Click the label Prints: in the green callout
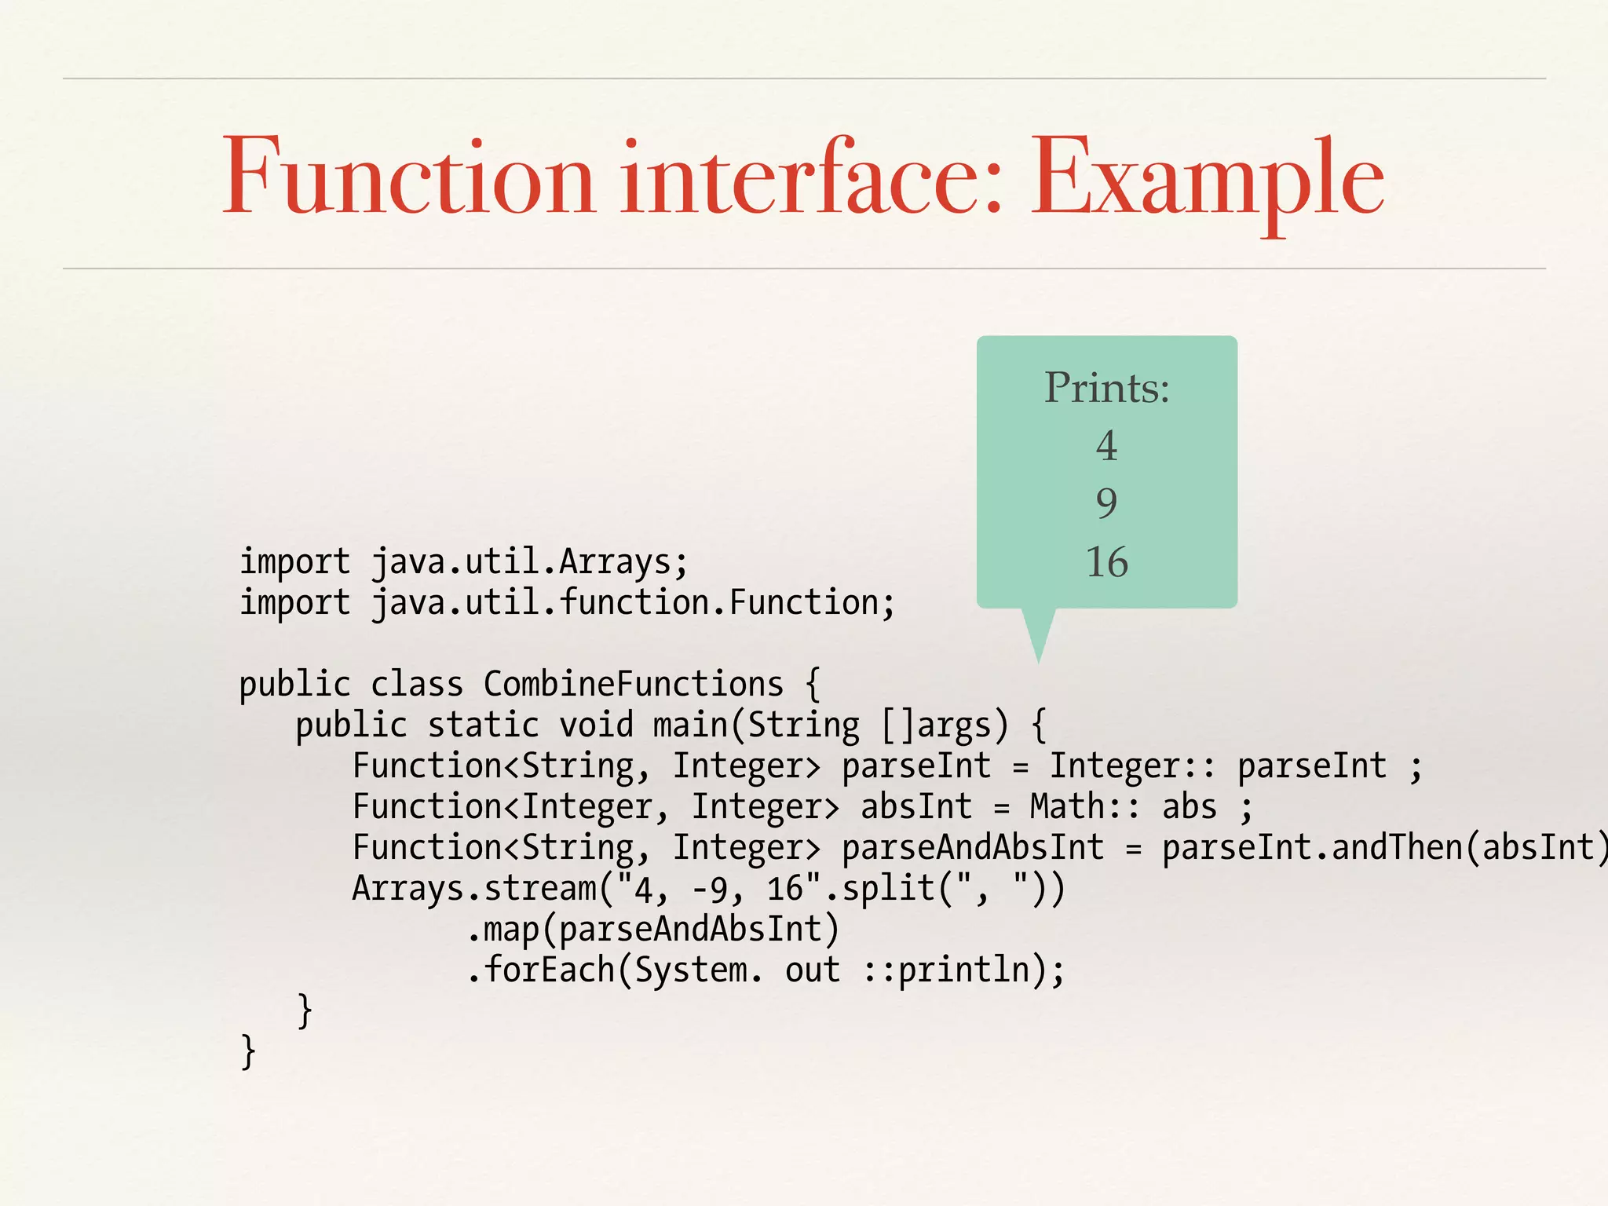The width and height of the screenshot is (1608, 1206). point(1106,388)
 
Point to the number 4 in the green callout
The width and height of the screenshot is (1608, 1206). point(1106,446)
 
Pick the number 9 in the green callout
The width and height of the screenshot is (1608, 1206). point(1106,503)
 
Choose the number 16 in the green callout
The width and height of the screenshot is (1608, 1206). point(1106,562)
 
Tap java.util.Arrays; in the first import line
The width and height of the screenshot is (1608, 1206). point(529,562)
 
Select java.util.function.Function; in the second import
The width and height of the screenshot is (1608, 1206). point(633,603)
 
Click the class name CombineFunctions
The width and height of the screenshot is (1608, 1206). point(633,685)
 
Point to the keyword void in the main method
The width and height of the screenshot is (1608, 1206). point(596,725)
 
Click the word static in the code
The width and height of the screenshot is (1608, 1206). point(483,725)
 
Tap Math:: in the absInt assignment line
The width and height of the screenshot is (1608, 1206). point(1084,807)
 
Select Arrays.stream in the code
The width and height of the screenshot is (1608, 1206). point(473,889)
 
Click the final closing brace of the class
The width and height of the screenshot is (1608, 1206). point(248,1052)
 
